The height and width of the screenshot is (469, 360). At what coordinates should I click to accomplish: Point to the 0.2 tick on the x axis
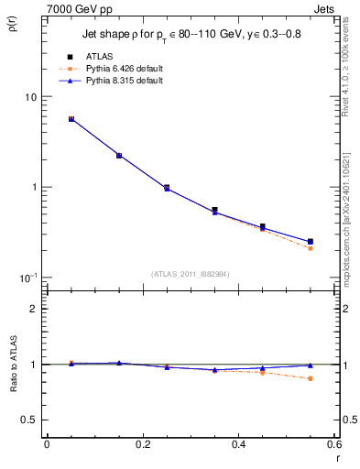(143, 444)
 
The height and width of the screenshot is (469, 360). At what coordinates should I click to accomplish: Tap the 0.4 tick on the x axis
(239, 444)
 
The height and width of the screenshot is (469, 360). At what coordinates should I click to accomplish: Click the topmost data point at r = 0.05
(71, 119)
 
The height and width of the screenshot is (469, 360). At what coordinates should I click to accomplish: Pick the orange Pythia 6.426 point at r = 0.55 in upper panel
(311, 248)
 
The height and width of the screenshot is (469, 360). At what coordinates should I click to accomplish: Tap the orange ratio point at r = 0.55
(311, 378)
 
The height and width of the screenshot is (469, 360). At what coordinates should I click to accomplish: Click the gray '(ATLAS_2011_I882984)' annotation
(191, 273)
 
